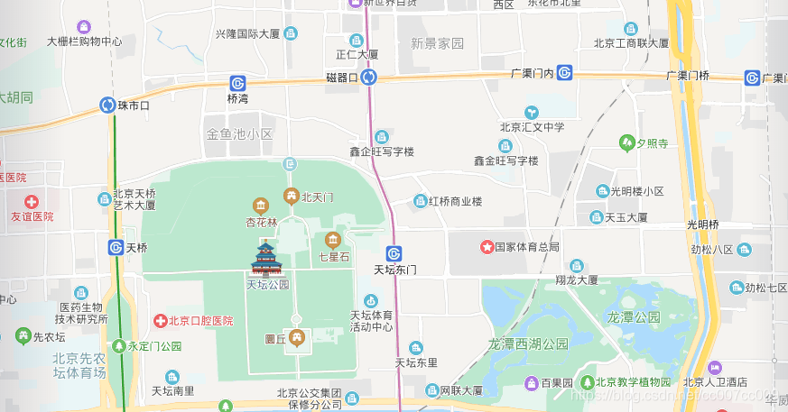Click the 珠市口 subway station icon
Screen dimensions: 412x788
(x=108, y=105)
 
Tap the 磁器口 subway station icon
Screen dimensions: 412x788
(x=368, y=78)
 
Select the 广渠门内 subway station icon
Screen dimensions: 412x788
(x=565, y=73)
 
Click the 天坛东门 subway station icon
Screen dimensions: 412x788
(x=394, y=253)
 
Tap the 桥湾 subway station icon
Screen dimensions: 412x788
(x=237, y=83)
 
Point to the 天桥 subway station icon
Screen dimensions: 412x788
(x=116, y=247)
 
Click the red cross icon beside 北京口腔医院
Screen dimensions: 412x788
(x=160, y=320)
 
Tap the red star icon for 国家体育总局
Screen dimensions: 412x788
(x=486, y=246)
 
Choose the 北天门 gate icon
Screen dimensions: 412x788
(x=292, y=196)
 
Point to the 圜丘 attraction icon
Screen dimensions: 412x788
(x=297, y=338)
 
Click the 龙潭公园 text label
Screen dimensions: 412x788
(x=634, y=317)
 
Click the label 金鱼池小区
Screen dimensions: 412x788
(x=239, y=134)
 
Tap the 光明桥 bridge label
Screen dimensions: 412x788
(x=702, y=224)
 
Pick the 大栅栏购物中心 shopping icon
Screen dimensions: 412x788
(x=84, y=27)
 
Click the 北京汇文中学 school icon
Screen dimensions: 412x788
(x=533, y=111)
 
